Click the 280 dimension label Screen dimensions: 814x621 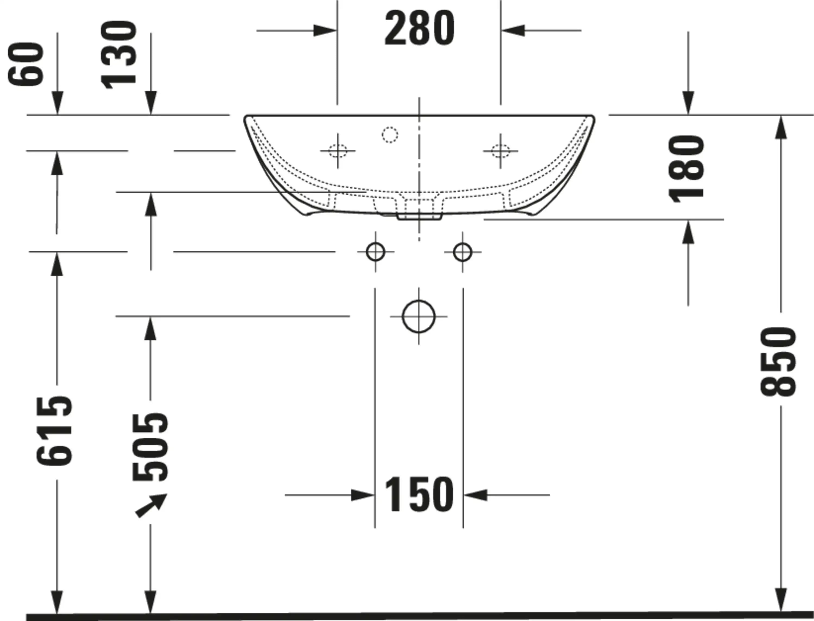pyautogui.click(x=419, y=28)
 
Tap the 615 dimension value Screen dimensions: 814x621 pyautogui.click(x=54, y=430)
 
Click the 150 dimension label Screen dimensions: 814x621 pyautogui.click(x=419, y=495)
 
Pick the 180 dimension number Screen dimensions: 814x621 pyautogui.click(x=687, y=168)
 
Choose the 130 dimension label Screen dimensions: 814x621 pyautogui.click(x=119, y=55)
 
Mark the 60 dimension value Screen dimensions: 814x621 pyautogui.click(x=26, y=64)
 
